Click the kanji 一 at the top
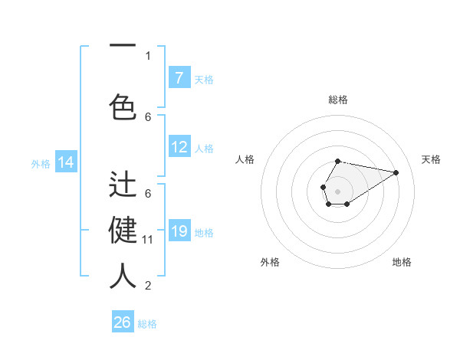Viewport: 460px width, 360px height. coord(123,46)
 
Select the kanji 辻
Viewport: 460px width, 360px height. coord(123,186)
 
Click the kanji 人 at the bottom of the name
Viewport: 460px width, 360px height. coord(123,276)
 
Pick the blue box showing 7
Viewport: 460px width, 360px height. coord(179,78)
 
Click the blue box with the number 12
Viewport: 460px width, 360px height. coord(179,148)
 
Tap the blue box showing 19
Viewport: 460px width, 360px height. coord(179,231)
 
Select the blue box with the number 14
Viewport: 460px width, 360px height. coord(66,162)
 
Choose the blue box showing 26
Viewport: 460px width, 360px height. coord(123,322)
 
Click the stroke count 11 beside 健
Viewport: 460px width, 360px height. coord(148,240)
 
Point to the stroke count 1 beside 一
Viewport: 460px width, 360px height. coord(148,55)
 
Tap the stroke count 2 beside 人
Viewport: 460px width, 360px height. coord(148,286)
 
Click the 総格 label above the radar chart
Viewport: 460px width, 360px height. coord(338,100)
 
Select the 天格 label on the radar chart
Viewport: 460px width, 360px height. coord(431,159)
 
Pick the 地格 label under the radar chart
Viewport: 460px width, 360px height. coord(402,262)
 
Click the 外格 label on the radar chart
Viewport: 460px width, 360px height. coord(270,262)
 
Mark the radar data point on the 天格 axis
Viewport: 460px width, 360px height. coord(396,172)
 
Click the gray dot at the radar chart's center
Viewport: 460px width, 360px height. coord(337,190)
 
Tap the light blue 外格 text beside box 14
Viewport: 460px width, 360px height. coord(41,163)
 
